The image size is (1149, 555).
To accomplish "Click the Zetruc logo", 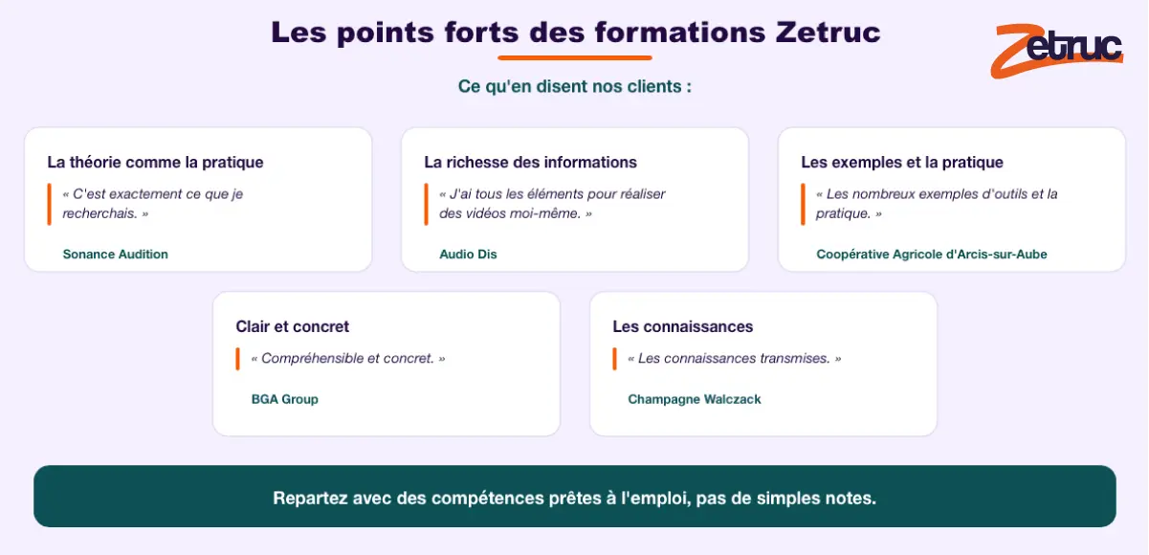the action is (1056, 51).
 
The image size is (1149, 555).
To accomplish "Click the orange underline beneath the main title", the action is (574, 57).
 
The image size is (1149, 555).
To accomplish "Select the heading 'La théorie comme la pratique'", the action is (155, 162).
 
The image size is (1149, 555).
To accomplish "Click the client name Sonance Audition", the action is (116, 254).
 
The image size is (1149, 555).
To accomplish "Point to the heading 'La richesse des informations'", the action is (530, 162).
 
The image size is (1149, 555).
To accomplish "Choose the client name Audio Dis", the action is (469, 254).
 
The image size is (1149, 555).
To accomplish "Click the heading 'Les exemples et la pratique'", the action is (902, 162).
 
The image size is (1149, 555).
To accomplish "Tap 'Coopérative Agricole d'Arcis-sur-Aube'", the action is (932, 254).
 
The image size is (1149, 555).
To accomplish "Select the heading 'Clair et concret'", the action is (293, 326).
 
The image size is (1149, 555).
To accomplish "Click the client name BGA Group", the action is (285, 399).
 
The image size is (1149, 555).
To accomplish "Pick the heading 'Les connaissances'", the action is (683, 326).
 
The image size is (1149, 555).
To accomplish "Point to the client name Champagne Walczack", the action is (695, 399).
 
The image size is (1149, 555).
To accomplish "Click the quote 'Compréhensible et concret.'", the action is (348, 358).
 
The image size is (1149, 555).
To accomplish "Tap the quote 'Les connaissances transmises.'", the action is (735, 358).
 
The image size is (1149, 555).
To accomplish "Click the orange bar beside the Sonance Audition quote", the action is (49, 204).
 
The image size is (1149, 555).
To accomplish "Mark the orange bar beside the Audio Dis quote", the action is (427, 204).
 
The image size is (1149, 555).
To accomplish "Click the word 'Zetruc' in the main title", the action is (828, 33).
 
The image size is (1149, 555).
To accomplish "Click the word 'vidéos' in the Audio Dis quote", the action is (485, 213).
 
